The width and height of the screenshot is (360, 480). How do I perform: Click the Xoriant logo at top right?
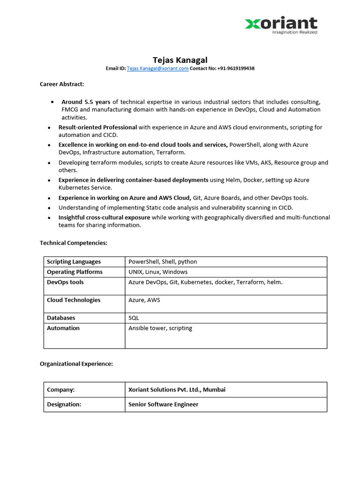[281, 23]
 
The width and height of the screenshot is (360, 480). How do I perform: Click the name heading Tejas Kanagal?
[180, 60]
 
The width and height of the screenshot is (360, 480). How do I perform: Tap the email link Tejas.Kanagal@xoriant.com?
[157, 68]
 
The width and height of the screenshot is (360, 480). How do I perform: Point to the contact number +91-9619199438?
[236, 68]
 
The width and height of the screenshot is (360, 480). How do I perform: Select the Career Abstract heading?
[62, 84]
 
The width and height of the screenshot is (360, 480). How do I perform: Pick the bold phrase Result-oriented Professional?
[97, 127]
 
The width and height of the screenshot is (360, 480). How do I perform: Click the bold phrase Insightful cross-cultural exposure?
[104, 217]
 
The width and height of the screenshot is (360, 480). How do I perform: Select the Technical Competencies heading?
[74, 243]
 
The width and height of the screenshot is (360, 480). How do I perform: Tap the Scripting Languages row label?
[74, 262]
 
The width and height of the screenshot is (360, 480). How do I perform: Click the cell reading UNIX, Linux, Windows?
[158, 272]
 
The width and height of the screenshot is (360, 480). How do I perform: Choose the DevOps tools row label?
[65, 282]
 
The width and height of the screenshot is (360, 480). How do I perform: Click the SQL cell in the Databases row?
[134, 318]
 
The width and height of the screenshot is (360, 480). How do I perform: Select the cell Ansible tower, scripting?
[160, 328]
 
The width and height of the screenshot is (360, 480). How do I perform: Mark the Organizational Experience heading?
[76, 364]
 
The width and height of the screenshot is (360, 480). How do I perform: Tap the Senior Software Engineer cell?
[163, 404]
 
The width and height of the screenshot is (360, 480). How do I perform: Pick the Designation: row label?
[64, 404]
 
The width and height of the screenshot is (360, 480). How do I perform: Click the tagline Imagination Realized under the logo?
[295, 32]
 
